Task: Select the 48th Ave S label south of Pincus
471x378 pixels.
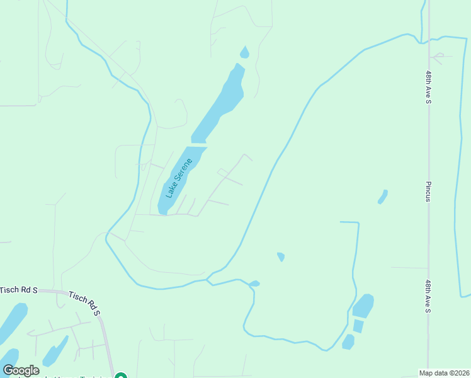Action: pos(428,296)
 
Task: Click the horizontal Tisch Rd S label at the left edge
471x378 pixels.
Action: pos(19,290)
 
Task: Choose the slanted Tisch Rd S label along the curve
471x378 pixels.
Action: pos(84,302)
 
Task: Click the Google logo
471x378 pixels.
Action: pos(21,370)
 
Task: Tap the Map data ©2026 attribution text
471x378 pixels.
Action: pos(444,373)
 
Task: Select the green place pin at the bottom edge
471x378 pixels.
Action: pos(121,376)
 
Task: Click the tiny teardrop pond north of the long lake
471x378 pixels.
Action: pos(244,53)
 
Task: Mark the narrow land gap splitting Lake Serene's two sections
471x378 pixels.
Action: pos(199,145)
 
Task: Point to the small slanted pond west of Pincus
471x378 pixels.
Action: pos(382,197)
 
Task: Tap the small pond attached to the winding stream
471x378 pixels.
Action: pos(254,283)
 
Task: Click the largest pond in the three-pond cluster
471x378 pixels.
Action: pos(363,306)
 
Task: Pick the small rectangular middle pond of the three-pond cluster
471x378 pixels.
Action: pos(358,326)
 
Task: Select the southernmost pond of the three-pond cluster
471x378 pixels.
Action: pos(348,341)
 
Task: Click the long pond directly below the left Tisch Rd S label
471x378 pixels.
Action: pos(13,323)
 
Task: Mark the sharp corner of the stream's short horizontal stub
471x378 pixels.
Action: pos(358,223)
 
